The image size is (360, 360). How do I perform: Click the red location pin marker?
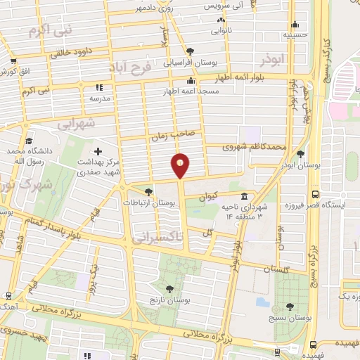(181, 165)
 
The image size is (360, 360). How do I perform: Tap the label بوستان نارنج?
(169, 300)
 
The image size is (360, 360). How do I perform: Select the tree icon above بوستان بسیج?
(290, 307)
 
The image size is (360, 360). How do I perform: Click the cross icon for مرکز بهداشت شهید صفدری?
(97, 152)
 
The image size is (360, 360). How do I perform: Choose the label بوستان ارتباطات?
(148, 202)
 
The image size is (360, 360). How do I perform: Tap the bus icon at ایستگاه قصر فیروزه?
(314, 194)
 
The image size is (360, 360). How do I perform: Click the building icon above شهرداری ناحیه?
(243, 197)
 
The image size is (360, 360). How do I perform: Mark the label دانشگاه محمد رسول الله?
(26, 155)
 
